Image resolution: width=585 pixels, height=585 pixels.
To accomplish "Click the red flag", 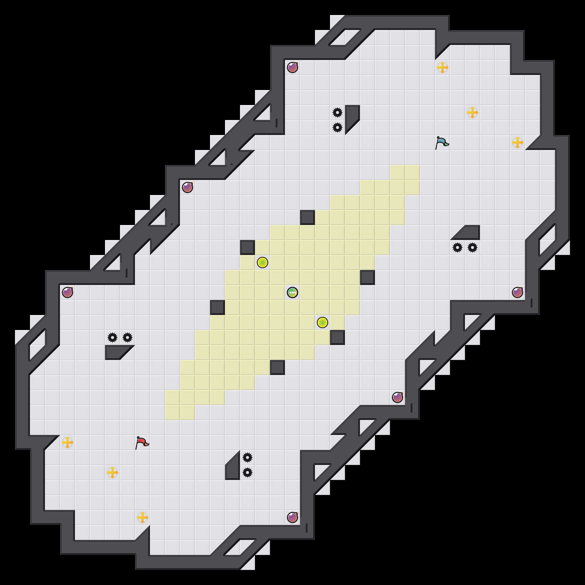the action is (142, 442).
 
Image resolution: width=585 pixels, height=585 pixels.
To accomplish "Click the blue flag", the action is (442, 142).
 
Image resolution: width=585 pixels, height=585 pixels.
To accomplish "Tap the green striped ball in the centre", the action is (292, 292).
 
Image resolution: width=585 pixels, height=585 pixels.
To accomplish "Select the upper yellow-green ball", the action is (262, 262).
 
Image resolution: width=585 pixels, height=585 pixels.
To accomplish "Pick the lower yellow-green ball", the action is (322, 322).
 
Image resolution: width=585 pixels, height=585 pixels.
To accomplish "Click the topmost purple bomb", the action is (292, 67).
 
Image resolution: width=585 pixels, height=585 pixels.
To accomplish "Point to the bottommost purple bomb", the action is (292, 517).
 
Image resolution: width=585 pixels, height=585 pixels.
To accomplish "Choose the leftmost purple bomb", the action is (67, 292).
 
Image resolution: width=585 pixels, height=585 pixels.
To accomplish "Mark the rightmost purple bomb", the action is (517, 292).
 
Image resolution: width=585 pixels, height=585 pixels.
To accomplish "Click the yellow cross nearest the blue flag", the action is (472, 112).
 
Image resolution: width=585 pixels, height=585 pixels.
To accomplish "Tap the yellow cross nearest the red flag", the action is (112, 472).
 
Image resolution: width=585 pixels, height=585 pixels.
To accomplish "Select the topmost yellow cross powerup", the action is (442, 67).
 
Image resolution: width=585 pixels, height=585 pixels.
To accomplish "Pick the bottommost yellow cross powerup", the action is (142, 517).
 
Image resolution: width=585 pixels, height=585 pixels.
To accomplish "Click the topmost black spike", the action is (337, 112).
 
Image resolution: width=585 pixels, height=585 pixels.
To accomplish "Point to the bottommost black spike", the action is (247, 472).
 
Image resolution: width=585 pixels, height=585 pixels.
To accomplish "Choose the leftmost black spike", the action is (112, 337).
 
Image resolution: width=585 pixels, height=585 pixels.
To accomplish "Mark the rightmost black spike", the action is (472, 247).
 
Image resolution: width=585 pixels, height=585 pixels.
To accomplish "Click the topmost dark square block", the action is (307, 217).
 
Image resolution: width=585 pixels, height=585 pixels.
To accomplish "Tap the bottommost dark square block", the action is (277, 367).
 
